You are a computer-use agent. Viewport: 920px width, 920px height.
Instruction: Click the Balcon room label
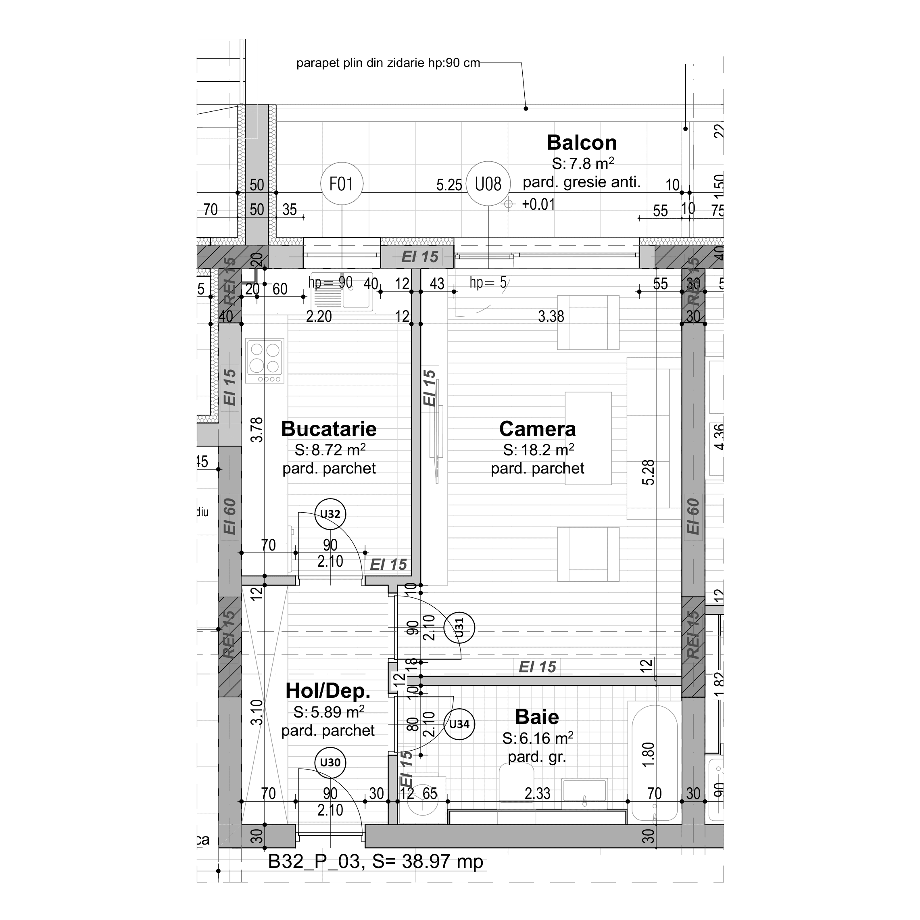[582, 143]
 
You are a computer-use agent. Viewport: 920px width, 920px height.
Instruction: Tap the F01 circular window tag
[342, 184]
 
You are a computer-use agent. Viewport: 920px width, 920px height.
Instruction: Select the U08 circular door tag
[488, 184]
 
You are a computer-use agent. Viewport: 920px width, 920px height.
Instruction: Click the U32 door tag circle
[330, 514]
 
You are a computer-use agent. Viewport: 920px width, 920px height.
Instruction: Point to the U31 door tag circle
[459, 628]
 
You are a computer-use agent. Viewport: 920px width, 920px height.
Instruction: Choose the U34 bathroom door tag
[459, 724]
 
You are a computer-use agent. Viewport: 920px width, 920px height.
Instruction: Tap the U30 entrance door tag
[330, 762]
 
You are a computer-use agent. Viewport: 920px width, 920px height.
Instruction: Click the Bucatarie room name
[329, 429]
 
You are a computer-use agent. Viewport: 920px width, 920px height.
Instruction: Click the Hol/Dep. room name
[328, 691]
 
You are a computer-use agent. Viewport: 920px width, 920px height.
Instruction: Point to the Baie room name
[537, 717]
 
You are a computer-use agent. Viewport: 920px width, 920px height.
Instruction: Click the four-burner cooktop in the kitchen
[265, 361]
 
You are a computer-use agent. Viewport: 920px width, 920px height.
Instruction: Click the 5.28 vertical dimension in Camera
[648, 472]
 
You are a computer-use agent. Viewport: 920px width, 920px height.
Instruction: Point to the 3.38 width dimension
[551, 316]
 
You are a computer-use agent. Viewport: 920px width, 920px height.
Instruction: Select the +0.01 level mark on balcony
[538, 204]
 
